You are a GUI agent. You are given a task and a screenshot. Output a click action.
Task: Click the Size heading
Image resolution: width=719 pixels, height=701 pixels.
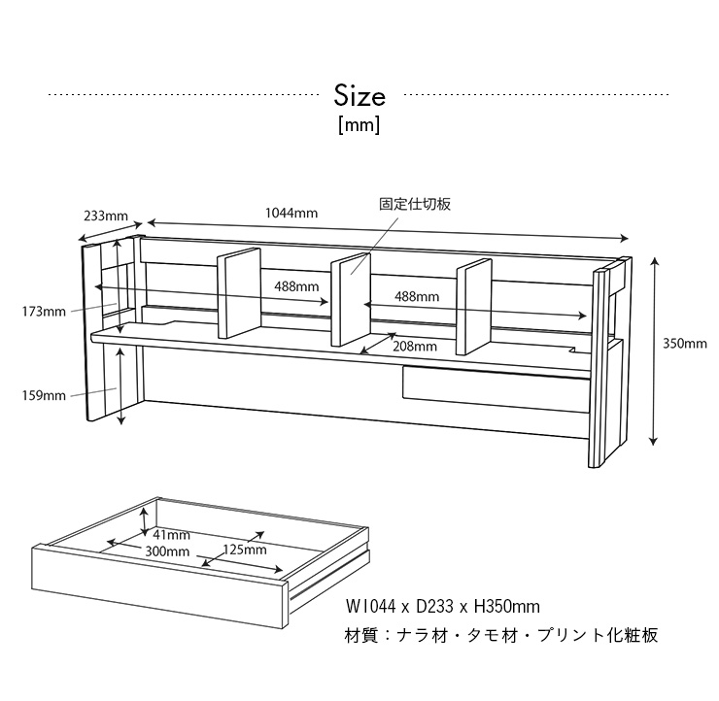click(x=359, y=96)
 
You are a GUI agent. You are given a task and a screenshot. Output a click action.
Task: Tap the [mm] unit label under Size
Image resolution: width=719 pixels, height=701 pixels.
click(x=359, y=124)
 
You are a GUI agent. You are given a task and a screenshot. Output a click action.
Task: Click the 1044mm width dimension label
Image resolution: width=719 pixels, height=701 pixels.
click(x=291, y=213)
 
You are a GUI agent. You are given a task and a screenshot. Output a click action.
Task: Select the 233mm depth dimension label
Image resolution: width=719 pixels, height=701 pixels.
click(x=106, y=216)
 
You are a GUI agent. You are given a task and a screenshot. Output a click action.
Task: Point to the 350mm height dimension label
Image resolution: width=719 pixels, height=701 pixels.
click(x=685, y=343)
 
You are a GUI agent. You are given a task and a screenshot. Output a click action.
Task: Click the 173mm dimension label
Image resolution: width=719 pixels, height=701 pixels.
click(x=44, y=312)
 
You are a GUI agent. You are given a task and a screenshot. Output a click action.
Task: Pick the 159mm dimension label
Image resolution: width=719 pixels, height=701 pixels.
click(x=44, y=395)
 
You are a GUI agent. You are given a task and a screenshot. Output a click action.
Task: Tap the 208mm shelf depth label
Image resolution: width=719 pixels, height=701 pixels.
click(x=415, y=347)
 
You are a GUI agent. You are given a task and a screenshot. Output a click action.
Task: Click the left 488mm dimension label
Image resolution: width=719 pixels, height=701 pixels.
click(x=296, y=286)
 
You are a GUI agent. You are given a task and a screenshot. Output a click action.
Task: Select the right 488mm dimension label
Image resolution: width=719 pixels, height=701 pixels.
click(x=417, y=296)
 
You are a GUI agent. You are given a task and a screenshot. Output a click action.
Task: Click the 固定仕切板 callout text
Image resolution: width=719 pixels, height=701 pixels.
click(x=415, y=204)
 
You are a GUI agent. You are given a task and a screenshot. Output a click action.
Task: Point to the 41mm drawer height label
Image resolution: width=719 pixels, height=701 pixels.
click(x=172, y=534)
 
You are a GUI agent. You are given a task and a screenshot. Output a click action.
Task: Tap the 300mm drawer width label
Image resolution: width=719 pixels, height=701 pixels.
click(x=167, y=551)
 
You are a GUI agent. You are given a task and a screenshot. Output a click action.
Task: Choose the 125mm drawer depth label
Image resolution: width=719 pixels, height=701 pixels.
click(x=245, y=550)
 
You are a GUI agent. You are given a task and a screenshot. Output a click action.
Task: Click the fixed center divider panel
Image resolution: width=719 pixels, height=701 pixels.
click(x=351, y=299)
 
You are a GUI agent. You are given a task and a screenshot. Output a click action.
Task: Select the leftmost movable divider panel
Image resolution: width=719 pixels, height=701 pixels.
click(x=239, y=293)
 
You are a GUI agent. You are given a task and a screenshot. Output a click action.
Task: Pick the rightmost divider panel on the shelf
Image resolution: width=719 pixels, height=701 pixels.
click(x=474, y=307)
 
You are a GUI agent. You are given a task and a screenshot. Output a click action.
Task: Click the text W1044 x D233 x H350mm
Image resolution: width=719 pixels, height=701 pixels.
click(x=443, y=607)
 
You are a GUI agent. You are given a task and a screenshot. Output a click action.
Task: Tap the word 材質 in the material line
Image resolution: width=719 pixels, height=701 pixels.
click(x=360, y=635)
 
